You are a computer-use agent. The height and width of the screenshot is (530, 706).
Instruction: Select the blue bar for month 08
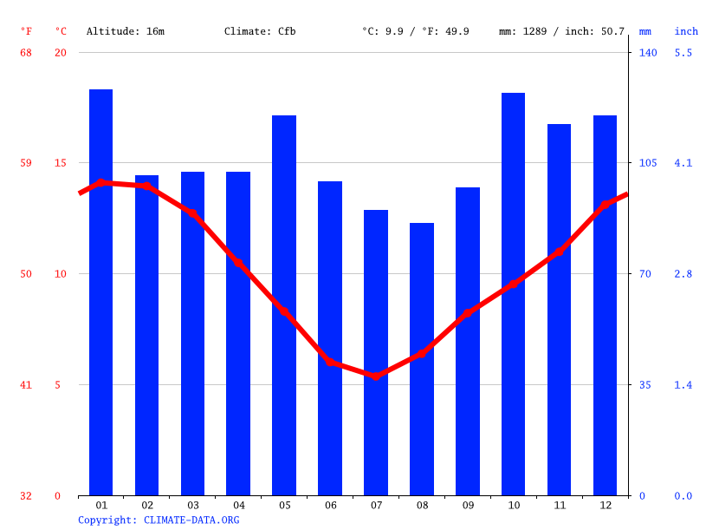coord(422,359)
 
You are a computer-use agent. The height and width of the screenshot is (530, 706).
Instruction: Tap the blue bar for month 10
coord(513,294)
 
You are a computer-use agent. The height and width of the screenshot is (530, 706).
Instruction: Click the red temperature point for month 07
coord(376,376)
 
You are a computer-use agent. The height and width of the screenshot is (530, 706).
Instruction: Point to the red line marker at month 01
coord(100,182)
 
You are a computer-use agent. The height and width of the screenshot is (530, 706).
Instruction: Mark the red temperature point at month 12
coord(605,206)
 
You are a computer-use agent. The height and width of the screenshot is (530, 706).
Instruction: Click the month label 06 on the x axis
coord(330,505)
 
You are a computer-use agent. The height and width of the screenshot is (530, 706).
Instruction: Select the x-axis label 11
coord(559,505)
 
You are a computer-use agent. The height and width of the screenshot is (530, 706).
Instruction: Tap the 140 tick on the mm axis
coord(648,53)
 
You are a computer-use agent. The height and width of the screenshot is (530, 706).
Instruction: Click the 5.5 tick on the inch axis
coord(683,53)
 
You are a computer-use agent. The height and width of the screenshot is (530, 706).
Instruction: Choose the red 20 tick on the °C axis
coord(60,53)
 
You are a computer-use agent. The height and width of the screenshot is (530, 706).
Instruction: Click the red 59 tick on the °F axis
coord(26,163)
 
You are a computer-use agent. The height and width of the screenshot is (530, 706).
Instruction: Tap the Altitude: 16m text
coord(126,31)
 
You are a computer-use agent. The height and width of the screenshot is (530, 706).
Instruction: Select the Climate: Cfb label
coord(260,31)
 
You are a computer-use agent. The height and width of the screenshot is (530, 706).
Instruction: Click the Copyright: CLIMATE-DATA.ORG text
coord(159,520)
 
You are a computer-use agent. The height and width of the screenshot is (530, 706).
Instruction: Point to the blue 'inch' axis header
coord(686,31)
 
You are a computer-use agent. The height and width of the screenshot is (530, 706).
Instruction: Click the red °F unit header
coord(26,31)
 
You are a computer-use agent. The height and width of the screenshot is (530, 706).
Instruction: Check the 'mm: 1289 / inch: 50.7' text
coord(561,31)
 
